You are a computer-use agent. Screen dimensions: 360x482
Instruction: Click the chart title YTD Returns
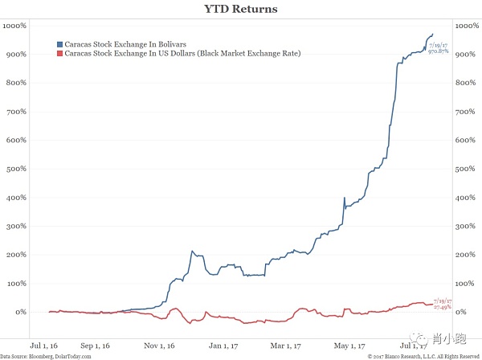point(241,9)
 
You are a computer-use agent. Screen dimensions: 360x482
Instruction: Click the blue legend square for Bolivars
point(59,43)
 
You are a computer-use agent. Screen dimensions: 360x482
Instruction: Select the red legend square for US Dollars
point(59,53)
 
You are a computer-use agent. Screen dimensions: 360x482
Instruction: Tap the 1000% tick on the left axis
point(15,27)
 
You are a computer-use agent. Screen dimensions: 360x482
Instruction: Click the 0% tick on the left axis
point(22,312)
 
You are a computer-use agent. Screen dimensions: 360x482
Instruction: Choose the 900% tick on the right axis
point(465,55)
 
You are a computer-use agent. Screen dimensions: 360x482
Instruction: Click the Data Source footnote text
point(46,355)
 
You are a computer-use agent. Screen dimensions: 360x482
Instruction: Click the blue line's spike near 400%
point(344,198)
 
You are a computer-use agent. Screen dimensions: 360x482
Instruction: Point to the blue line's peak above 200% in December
point(192,252)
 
